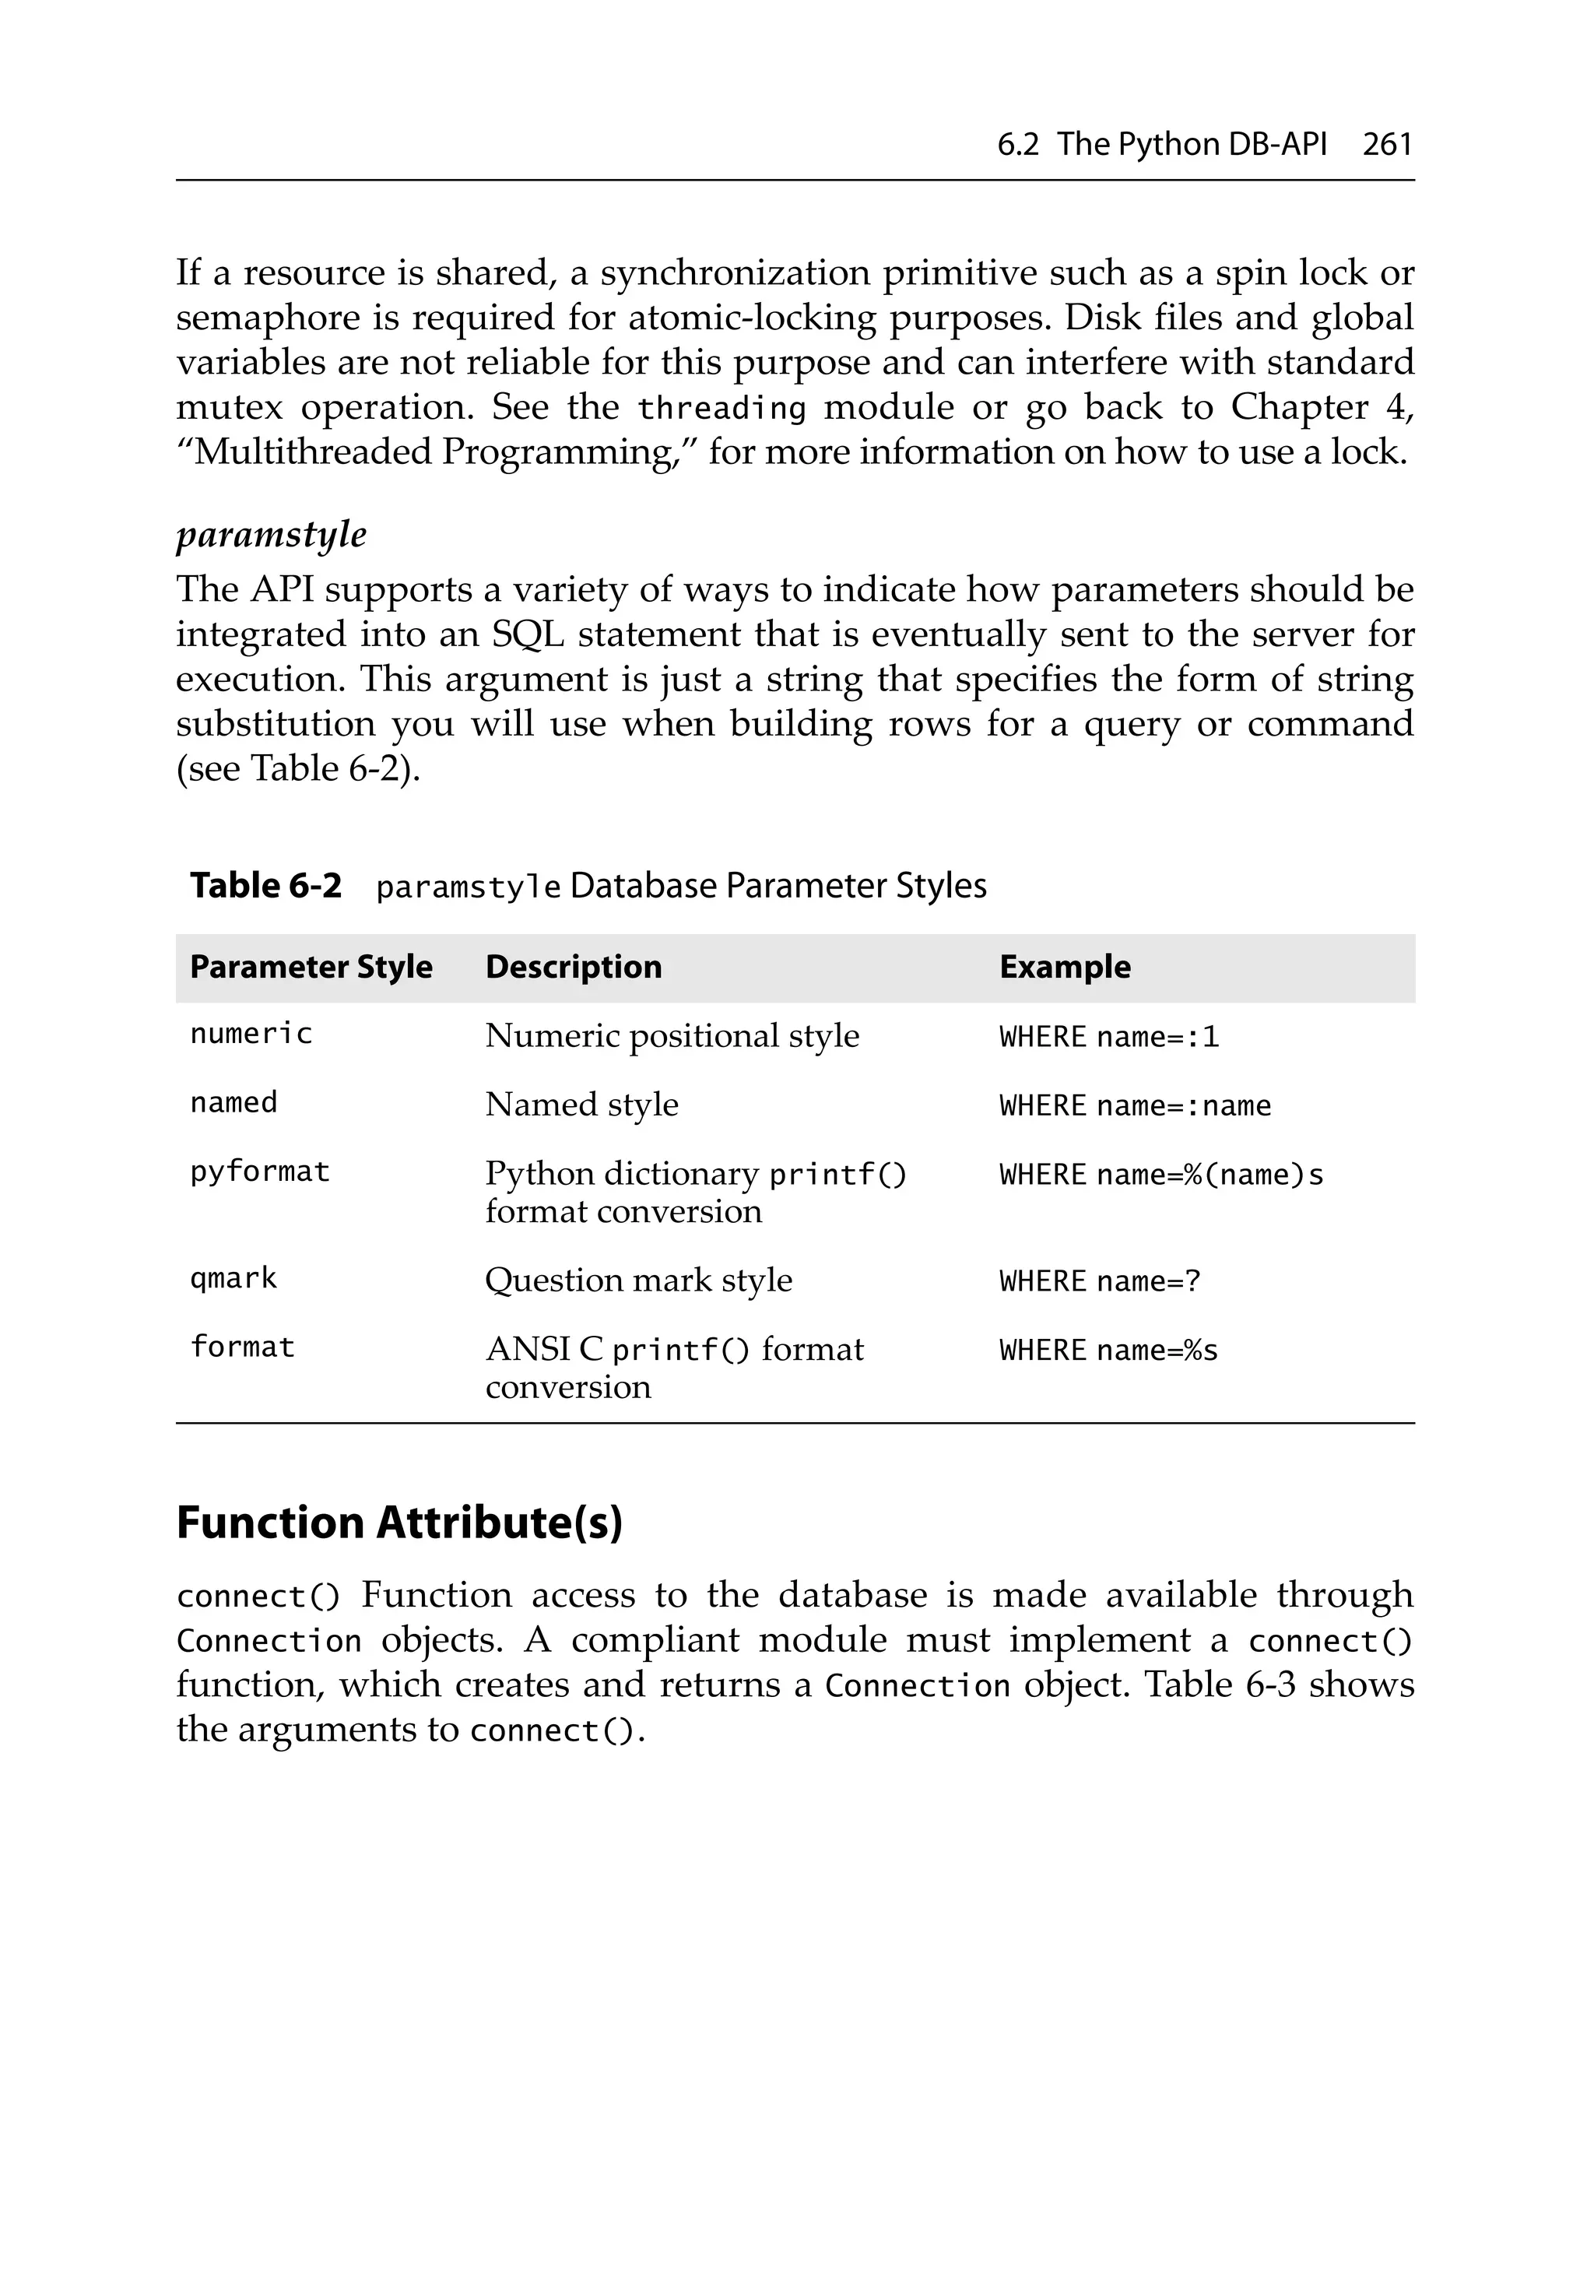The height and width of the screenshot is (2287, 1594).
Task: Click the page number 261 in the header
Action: (x=1387, y=145)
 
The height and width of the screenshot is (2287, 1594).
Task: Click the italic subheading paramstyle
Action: (x=271, y=535)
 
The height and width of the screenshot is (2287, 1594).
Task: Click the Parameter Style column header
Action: (x=311, y=968)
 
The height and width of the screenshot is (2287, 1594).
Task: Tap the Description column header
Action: (x=573, y=968)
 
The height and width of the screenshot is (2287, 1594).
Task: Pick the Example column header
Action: (x=1064, y=968)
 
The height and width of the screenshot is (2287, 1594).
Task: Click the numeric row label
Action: (x=251, y=1034)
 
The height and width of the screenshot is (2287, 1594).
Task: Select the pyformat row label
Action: (x=259, y=1172)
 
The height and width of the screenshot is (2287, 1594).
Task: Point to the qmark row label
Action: (x=233, y=1278)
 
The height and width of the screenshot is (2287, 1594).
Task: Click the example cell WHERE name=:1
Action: (x=1109, y=1037)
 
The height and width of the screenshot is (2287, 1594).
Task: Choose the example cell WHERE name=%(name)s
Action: (x=1160, y=1175)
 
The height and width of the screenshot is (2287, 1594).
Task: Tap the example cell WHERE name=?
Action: (x=1100, y=1281)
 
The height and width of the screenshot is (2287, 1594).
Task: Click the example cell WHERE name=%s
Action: (x=1108, y=1351)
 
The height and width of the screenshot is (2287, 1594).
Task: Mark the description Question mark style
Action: (x=637, y=1280)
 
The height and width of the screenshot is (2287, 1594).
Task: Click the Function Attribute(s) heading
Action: (x=398, y=1523)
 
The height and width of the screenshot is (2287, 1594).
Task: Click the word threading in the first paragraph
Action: (x=722, y=409)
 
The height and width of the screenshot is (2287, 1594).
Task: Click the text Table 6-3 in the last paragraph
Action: (x=1217, y=1685)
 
